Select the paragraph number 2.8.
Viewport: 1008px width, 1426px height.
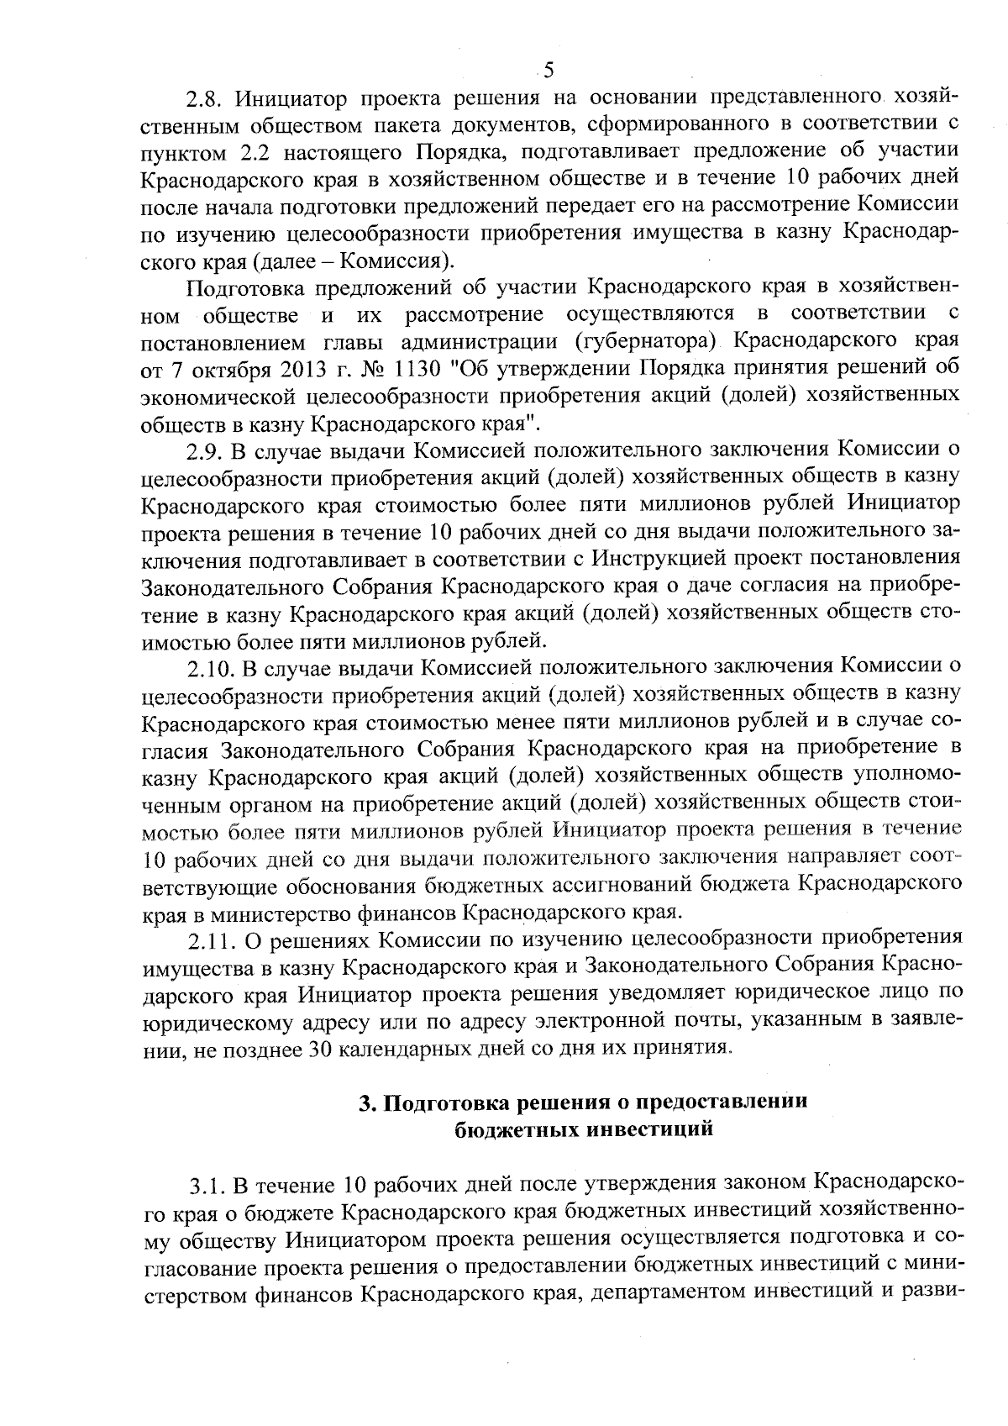tap(205, 97)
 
